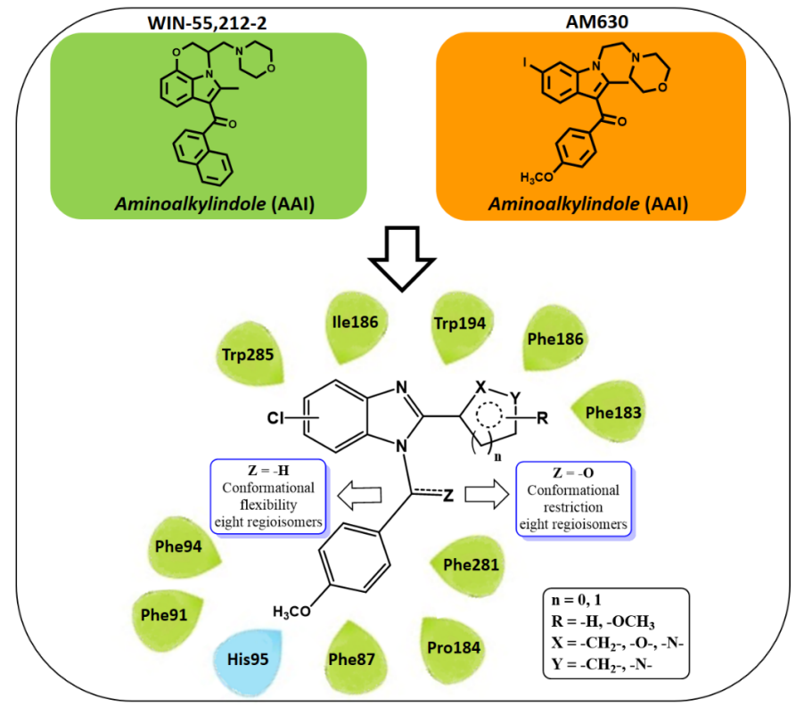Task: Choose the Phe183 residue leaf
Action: click(x=613, y=413)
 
